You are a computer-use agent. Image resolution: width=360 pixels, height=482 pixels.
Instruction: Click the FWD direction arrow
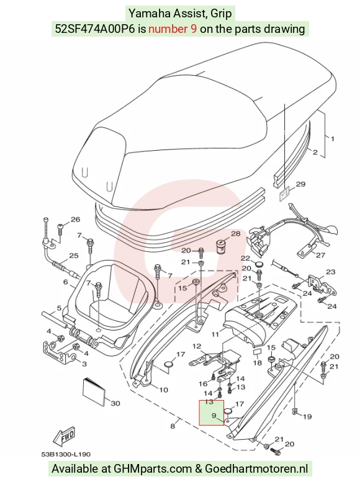(x=64, y=437)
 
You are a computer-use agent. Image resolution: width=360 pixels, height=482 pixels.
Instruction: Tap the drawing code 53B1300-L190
(x=66, y=454)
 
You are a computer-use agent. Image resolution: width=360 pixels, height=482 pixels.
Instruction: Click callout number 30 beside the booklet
(x=115, y=403)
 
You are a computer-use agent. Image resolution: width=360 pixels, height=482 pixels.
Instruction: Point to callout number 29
(x=300, y=184)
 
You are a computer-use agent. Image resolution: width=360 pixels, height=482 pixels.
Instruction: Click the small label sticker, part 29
(x=284, y=195)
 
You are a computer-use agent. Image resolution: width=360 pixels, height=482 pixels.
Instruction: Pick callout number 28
(x=235, y=234)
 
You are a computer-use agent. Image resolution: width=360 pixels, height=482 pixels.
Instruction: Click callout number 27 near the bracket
(x=320, y=255)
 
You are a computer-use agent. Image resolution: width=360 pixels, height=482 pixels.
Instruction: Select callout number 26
(x=75, y=219)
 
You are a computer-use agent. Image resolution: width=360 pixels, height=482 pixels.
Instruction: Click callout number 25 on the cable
(x=73, y=256)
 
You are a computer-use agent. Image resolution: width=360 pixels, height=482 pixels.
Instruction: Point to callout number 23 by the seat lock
(x=330, y=272)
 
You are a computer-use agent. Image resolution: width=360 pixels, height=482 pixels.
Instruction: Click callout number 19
(x=307, y=416)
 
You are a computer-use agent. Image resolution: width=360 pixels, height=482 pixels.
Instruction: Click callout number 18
(x=258, y=363)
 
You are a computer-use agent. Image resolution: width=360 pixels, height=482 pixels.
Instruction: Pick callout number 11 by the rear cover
(x=215, y=334)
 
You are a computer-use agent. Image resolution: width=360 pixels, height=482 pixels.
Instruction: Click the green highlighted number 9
(x=214, y=416)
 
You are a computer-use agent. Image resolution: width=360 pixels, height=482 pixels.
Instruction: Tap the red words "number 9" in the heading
(x=173, y=29)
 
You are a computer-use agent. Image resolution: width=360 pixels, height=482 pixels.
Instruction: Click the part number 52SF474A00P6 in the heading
(x=95, y=29)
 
